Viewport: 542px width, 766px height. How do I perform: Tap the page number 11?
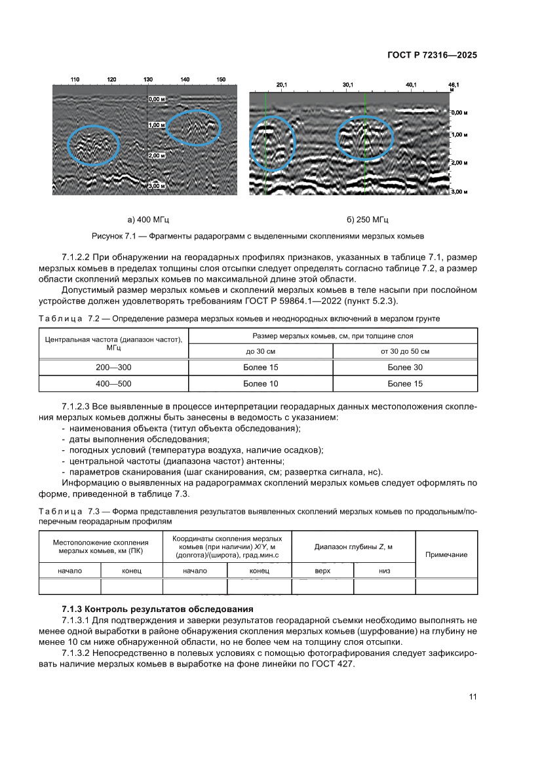pos(473,697)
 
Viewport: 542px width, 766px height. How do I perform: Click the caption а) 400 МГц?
pos(148,219)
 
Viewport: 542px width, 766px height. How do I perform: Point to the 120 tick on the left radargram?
pos(112,80)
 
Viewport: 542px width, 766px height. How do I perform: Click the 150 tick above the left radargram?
pos(221,80)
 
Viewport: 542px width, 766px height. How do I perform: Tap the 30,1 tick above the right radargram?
pos(348,85)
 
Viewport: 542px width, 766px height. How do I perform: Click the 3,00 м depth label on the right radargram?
pos(458,191)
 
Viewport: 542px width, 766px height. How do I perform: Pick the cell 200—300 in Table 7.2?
pos(114,368)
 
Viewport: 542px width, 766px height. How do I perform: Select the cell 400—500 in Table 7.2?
pos(114,383)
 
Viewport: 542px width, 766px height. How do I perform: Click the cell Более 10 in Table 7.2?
pos(260,383)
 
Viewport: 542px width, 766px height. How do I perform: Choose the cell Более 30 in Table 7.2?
pos(404,368)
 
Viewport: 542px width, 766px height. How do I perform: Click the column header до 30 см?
pos(260,352)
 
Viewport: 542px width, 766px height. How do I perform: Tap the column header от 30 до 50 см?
pos(404,352)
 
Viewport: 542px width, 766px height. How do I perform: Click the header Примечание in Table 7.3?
pos(446,554)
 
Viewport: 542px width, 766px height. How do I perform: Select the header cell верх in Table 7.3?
pos(322,571)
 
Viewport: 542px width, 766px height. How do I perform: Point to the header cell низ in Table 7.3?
pos(384,571)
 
